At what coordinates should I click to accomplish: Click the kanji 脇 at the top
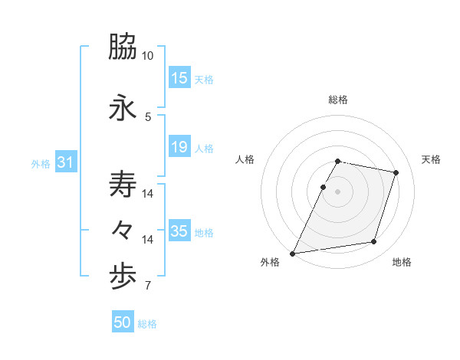pyautogui.click(x=123, y=47)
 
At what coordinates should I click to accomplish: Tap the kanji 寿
pyautogui.click(x=123, y=185)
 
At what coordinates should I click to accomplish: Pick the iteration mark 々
pyautogui.click(x=123, y=230)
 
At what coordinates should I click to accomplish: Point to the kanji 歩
pyautogui.click(x=123, y=279)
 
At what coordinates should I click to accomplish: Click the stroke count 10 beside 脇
pyautogui.click(x=148, y=56)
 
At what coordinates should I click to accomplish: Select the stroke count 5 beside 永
pyautogui.click(x=148, y=116)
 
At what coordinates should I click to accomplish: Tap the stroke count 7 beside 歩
pyautogui.click(x=148, y=286)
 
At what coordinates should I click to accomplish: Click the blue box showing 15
pyautogui.click(x=179, y=78)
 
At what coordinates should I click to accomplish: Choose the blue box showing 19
pyautogui.click(x=179, y=147)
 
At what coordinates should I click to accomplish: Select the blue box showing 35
pyautogui.click(x=179, y=231)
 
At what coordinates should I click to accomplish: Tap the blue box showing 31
pyautogui.click(x=65, y=162)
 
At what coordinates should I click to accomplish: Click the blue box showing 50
pyautogui.click(x=123, y=323)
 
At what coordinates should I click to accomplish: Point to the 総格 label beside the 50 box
pyautogui.click(x=147, y=324)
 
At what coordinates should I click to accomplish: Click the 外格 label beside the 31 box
pyautogui.click(x=41, y=163)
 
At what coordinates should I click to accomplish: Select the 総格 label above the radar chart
pyautogui.click(x=338, y=100)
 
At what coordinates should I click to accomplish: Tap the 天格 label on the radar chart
pyautogui.click(x=431, y=159)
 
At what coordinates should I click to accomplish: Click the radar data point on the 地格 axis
pyautogui.click(x=374, y=242)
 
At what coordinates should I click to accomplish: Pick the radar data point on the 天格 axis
pyautogui.click(x=396, y=172)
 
